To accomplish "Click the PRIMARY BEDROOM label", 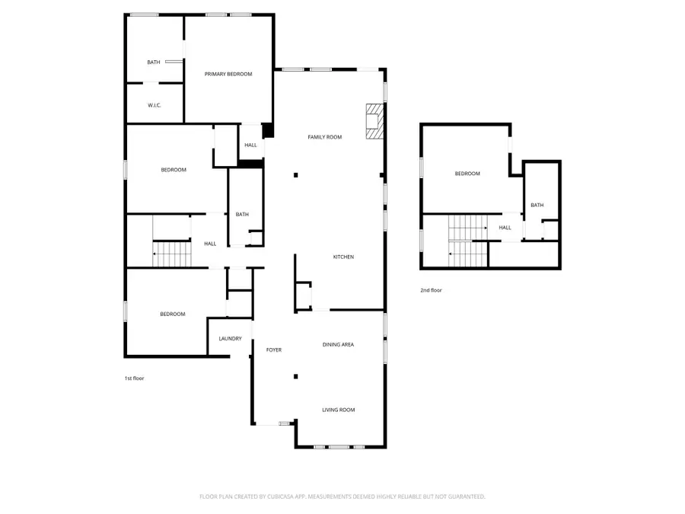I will tap(228, 74).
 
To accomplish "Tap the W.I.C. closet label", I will tap(154, 105).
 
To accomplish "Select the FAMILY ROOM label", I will tap(324, 137).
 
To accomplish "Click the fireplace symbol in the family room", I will tap(374, 122).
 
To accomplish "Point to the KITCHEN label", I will tap(343, 257).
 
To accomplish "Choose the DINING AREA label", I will tap(338, 345).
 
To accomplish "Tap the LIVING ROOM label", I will tap(338, 410).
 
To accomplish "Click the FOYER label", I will tap(273, 350).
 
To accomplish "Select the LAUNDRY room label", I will tap(230, 339).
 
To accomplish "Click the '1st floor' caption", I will tap(134, 378).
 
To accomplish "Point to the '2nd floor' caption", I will tap(431, 290).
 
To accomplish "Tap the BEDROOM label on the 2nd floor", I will tap(467, 174).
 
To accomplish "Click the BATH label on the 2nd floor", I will tap(537, 205).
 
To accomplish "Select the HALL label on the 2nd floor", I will tap(505, 227).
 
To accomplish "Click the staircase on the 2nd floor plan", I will tap(467, 240).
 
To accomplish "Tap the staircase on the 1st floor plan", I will tap(171, 253).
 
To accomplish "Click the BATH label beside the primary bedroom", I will tap(154, 62).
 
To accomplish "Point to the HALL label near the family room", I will tap(250, 145).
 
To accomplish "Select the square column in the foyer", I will tap(296, 376).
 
